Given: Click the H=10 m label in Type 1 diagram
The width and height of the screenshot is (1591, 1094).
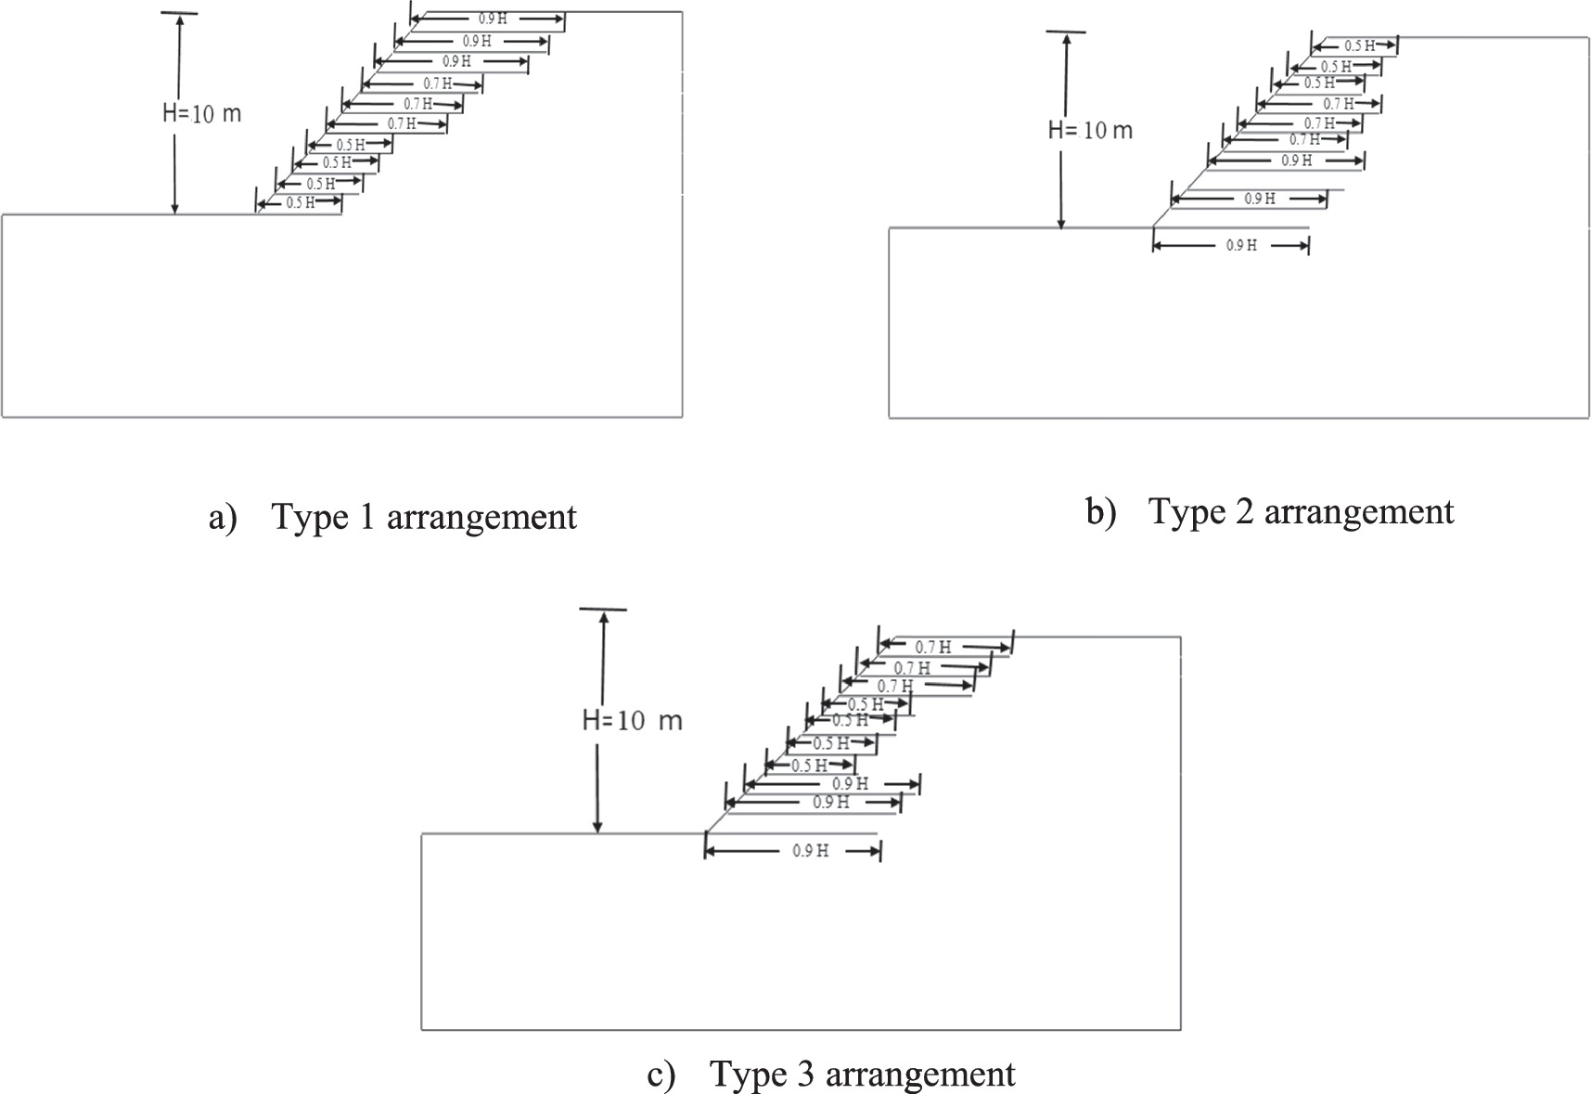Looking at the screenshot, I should click(x=201, y=113).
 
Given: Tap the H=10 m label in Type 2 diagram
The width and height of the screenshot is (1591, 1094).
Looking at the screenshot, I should click(x=1090, y=130).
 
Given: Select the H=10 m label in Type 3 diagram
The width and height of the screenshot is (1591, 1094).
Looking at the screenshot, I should click(x=632, y=721).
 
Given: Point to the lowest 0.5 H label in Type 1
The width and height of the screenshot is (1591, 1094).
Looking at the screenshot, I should click(x=300, y=203).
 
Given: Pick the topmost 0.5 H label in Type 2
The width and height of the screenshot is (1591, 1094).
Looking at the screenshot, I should click(x=1359, y=45).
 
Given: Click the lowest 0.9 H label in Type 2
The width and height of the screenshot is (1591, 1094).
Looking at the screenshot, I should click(x=1241, y=246).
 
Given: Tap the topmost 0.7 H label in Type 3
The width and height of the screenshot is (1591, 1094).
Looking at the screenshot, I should click(x=932, y=648).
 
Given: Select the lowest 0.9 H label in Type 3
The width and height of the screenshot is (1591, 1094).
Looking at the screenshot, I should click(x=810, y=851).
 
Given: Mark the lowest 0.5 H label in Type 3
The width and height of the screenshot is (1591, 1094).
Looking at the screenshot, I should click(x=809, y=766).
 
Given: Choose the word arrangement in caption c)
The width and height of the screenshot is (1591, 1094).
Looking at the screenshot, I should click(x=920, y=1075).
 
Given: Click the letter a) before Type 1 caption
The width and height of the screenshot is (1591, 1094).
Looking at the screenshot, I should click(x=223, y=518).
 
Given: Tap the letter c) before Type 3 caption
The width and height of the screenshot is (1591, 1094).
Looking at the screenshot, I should click(x=660, y=1075).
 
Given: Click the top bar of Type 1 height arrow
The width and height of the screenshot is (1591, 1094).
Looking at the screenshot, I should click(x=178, y=13).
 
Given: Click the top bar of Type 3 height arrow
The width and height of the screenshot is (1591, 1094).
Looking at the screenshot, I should click(x=603, y=609).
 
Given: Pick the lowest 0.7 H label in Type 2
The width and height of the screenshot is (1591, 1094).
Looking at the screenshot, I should click(x=1304, y=140).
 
